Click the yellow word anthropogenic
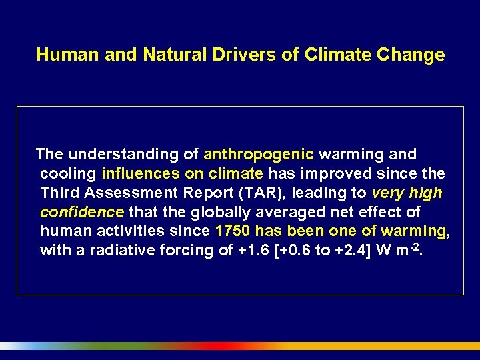coord(259,155)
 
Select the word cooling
coord(68,174)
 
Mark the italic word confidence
coord(81,213)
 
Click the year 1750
coord(233,232)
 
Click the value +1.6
coord(251,251)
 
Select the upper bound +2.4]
coord(360,251)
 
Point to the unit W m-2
coord(404,251)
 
